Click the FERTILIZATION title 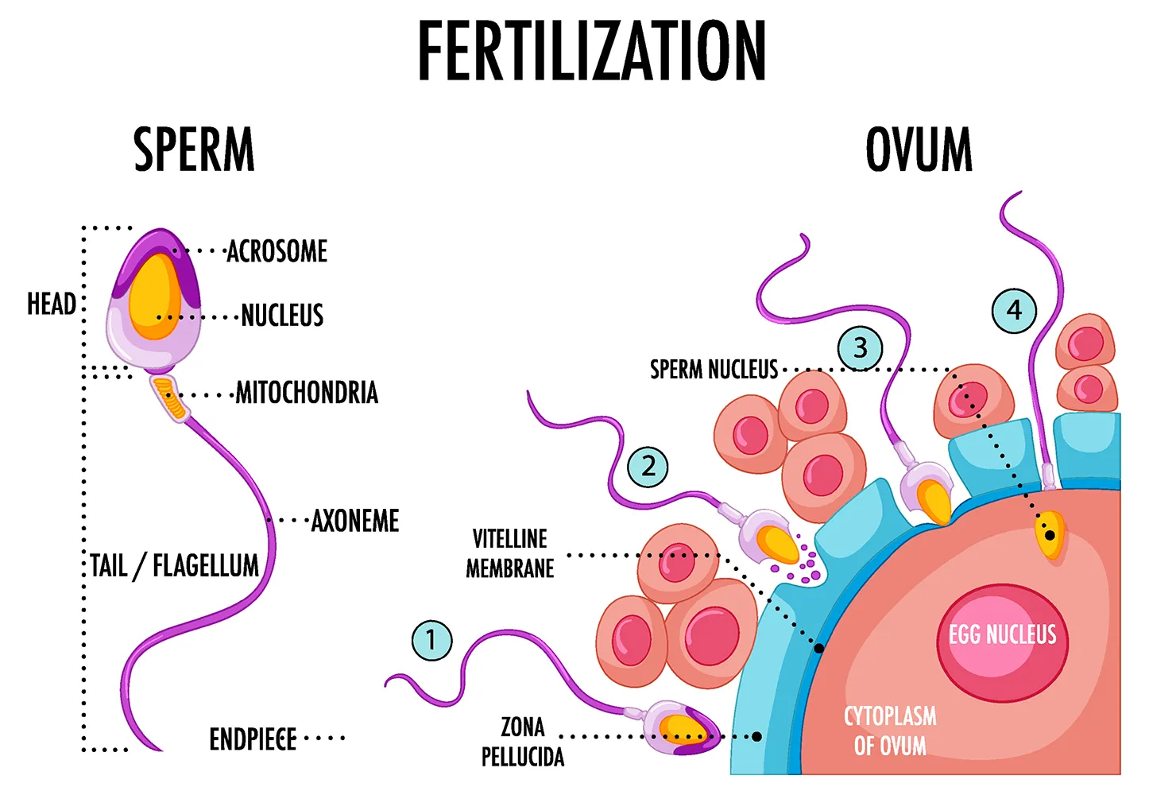tap(592, 52)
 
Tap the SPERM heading tap(194, 150)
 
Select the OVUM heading tap(919, 150)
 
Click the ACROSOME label tap(277, 251)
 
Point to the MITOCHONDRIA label tap(307, 393)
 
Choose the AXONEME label tap(355, 522)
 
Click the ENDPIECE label tap(253, 739)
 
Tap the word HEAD tap(52, 304)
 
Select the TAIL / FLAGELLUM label tap(175, 566)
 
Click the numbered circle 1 tap(431, 640)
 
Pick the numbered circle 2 tap(648, 467)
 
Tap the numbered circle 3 tap(860, 348)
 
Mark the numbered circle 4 tap(1014, 310)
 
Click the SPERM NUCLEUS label tap(714, 370)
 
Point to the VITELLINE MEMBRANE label tap(510, 553)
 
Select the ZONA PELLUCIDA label tap(523, 742)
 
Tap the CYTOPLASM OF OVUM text tap(890, 731)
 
